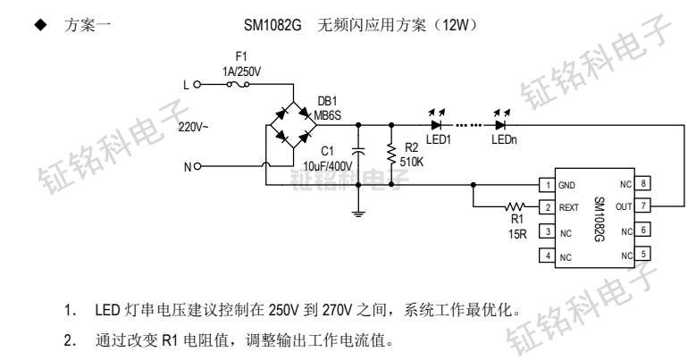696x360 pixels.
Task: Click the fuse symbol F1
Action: point(236,86)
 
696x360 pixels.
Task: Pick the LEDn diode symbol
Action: point(503,126)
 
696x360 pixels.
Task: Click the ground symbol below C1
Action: point(358,213)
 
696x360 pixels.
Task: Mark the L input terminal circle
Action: point(194,86)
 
